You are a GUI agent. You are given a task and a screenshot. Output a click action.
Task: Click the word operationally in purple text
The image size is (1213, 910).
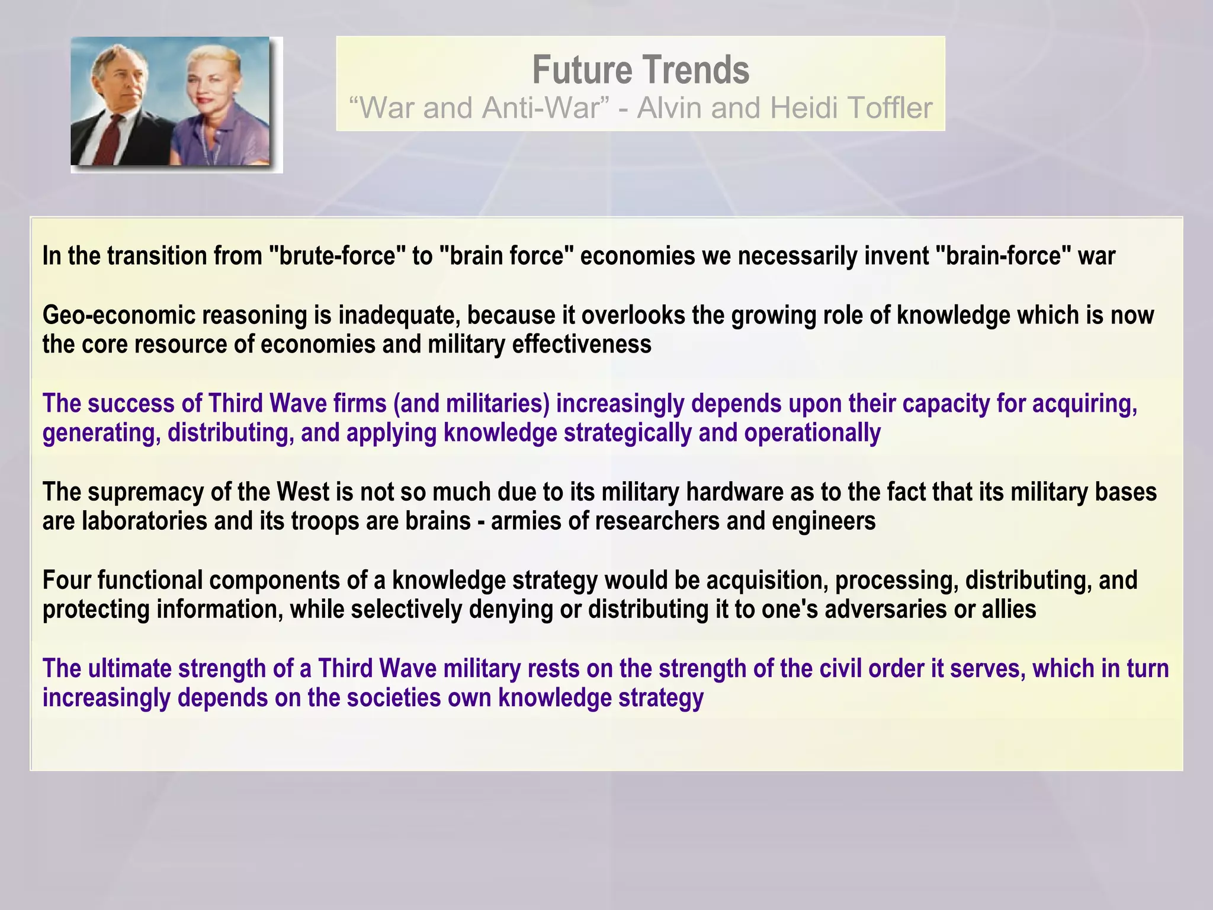pos(812,433)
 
